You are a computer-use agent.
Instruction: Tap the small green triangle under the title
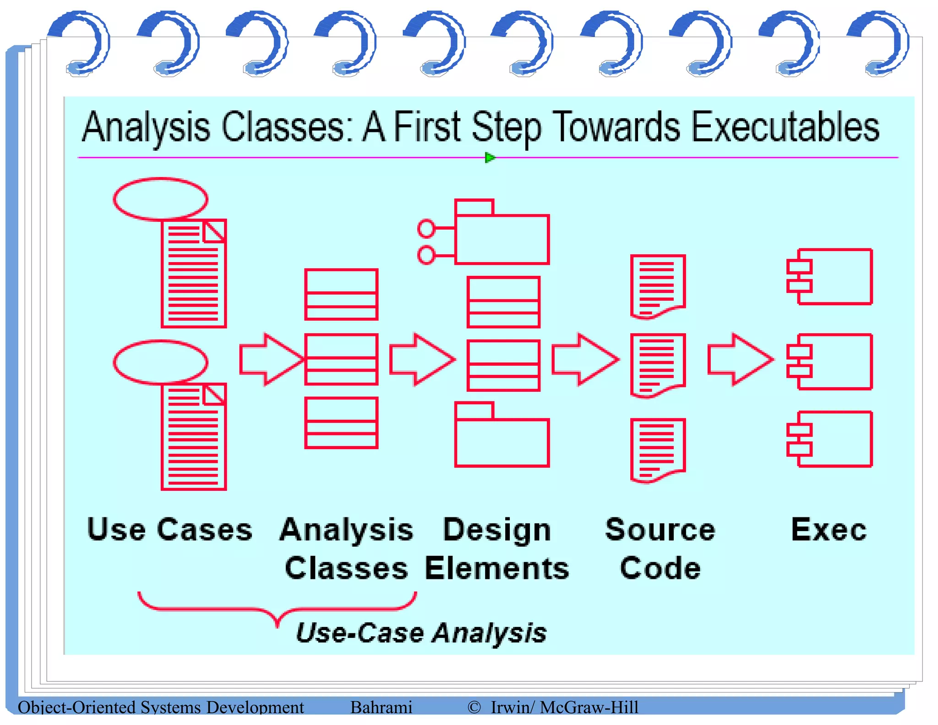pyautogui.click(x=489, y=158)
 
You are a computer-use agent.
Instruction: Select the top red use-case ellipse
pyautogui.click(x=160, y=198)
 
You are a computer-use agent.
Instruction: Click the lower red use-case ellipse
pyautogui.click(x=160, y=362)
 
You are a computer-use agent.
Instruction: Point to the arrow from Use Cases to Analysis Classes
pyautogui.click(x=271, y=359)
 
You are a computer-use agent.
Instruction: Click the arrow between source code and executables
pyautogui.click(x=740, y=359)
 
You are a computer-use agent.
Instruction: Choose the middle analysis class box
pyautogui.click(x=341, y=359)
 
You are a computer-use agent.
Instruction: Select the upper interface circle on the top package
pyautogui.click(x=426, y=228)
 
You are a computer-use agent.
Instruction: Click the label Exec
pyautogui.click(x=829, y=530)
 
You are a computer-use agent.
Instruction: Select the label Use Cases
pyautogui.click(x=169, y=530)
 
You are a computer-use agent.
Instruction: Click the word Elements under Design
pyautogui.click(x=497, y=568)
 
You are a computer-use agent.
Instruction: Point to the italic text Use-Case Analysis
pyautogui.click(x=421, y=633)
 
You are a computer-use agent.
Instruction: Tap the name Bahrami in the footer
pyautogui.click(x=381, y=707)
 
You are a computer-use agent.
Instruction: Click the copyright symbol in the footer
pyautogui.click(x=474, y=707)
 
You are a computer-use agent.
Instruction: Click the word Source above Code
pyautogui.click(x=660, y=530)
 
